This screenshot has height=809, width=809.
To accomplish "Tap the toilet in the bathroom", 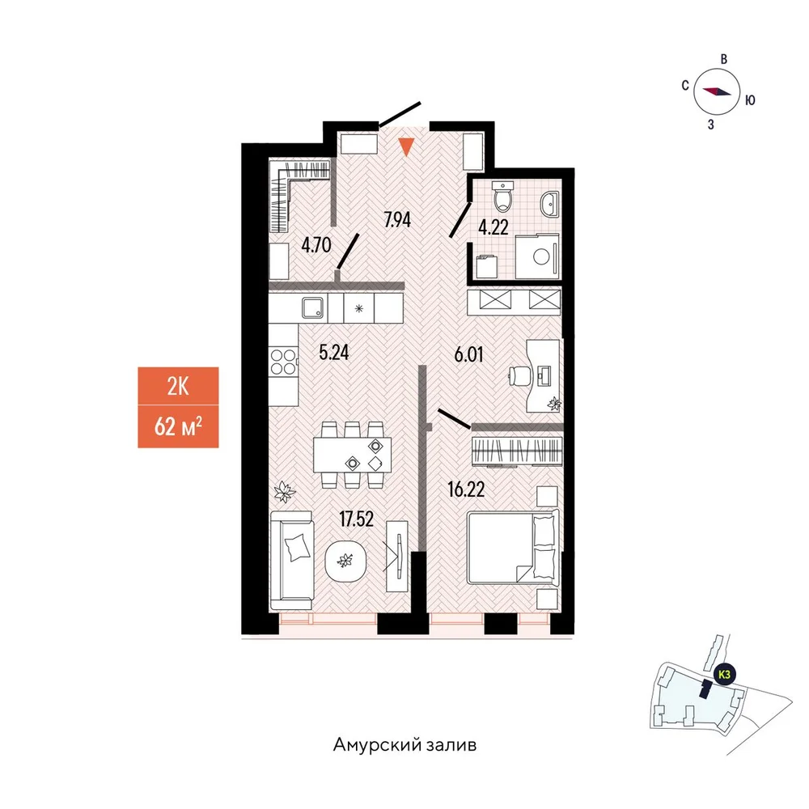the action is tap(502, 197).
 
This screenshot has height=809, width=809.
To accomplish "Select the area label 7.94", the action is tap(397, 220).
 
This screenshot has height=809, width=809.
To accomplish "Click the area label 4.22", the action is tap(493, 227).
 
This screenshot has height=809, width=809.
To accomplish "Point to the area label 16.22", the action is tap(467, 489).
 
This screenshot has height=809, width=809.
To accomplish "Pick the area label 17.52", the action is tap(357, 519).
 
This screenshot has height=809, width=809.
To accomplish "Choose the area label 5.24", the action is tap(334, 353).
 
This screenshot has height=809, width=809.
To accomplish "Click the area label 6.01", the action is tap(468, 354).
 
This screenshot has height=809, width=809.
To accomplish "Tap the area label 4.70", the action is tap(316, 244).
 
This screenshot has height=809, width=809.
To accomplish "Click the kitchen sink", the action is tap(313, 308).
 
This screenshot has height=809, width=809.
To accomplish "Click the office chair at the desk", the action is tap(518, 375).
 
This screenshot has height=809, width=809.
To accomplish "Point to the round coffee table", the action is tap(345, 561).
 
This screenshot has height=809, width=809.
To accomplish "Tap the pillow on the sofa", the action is tap(297, 546).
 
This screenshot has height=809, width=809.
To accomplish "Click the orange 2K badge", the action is tap(178, 386).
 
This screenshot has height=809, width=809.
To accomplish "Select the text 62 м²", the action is tap(178, 426).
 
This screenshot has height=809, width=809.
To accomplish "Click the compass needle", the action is tap(717, 91).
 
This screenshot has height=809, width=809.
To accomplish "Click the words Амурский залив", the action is tap(405, 745).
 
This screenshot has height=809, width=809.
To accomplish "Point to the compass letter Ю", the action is tap(750, 100).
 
